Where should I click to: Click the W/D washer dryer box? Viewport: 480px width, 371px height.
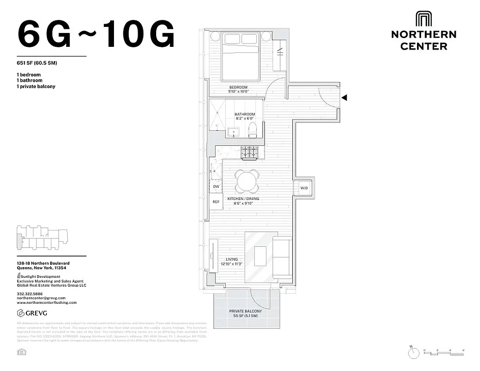tap(304, 188)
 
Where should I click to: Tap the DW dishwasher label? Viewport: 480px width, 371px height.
tap(216, 187)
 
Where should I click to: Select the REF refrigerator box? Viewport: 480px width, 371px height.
tap(216, 202)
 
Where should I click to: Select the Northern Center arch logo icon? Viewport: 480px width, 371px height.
tap(423, 19)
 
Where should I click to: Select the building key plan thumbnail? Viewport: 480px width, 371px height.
tap(42, 237)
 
